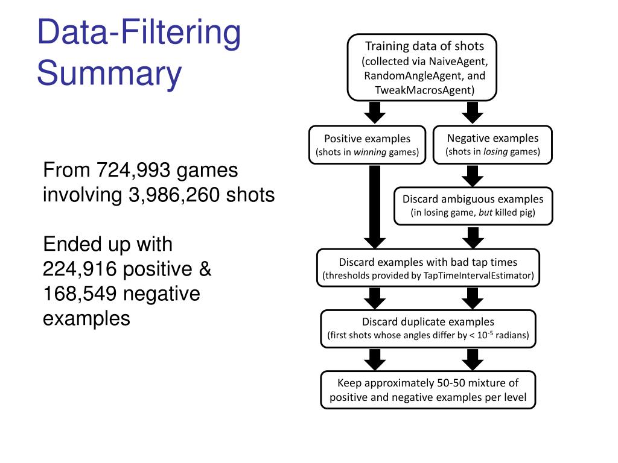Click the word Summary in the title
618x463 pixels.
point(109,74)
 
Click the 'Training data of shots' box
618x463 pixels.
point(422,68)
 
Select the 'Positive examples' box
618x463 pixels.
point(367,145)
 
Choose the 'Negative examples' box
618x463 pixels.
point(492,145)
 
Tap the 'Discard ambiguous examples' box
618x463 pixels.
point(473,206)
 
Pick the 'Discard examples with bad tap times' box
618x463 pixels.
point(428,269)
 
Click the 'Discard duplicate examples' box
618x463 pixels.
point(428,328)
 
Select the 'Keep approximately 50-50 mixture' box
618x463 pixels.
point(428,390)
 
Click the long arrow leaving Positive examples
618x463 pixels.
point(375,205)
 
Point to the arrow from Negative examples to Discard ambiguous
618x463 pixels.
point(473,175)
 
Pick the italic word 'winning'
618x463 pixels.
point(370,152)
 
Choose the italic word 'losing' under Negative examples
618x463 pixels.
point(495,151)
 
